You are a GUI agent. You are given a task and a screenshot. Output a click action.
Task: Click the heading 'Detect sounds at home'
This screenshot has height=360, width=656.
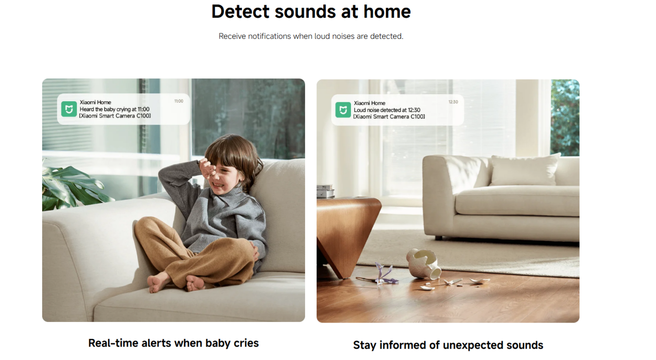click(311, 12)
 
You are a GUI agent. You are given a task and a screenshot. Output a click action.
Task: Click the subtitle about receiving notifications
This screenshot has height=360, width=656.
click(311, 36)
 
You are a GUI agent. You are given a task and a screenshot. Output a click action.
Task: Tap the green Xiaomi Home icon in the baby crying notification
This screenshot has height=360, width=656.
click(69, 109)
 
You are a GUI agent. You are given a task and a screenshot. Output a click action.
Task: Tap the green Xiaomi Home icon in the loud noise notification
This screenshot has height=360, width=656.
click(343, 110)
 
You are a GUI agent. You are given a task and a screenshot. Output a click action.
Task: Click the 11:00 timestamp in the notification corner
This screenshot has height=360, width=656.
click(179, 101)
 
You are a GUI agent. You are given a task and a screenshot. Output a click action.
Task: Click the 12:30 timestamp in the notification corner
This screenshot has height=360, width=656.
click(453, 102)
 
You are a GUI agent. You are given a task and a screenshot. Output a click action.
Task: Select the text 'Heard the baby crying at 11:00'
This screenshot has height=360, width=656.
click(114, 109)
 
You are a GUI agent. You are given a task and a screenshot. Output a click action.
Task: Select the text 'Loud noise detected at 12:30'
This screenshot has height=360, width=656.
click(387, 110)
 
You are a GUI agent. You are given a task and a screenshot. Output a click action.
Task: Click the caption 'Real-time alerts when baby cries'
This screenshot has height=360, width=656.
click(173, 343)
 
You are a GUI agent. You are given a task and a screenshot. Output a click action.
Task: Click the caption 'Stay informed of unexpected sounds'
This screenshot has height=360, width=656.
click(448, 345)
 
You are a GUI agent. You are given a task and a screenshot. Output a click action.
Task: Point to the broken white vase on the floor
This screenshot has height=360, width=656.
click(423, 263)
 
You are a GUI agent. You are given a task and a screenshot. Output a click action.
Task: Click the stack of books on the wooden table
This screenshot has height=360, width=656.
click(325, 191)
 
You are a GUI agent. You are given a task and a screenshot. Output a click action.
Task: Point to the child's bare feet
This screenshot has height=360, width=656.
click(176, 283)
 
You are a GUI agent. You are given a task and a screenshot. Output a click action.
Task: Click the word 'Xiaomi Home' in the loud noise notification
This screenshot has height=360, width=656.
click(369, 103)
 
